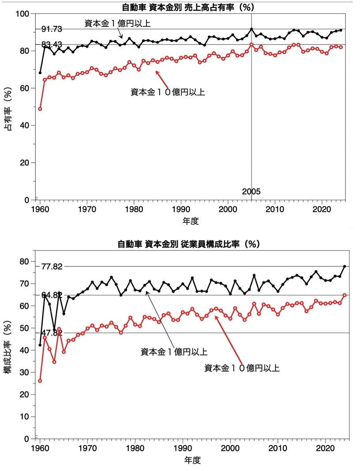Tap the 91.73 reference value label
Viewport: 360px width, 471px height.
(52, 29)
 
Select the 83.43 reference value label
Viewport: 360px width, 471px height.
(52, 44)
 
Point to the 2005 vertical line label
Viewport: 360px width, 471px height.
(251, 191)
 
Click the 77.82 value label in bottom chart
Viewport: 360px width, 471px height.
(52, 266)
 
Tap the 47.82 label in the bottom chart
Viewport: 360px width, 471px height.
(52, 333)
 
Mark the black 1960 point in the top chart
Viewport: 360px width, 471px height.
(40, 73)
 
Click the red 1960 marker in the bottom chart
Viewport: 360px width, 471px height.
(40, 381)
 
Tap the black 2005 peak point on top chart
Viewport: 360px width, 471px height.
(251, 29)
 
